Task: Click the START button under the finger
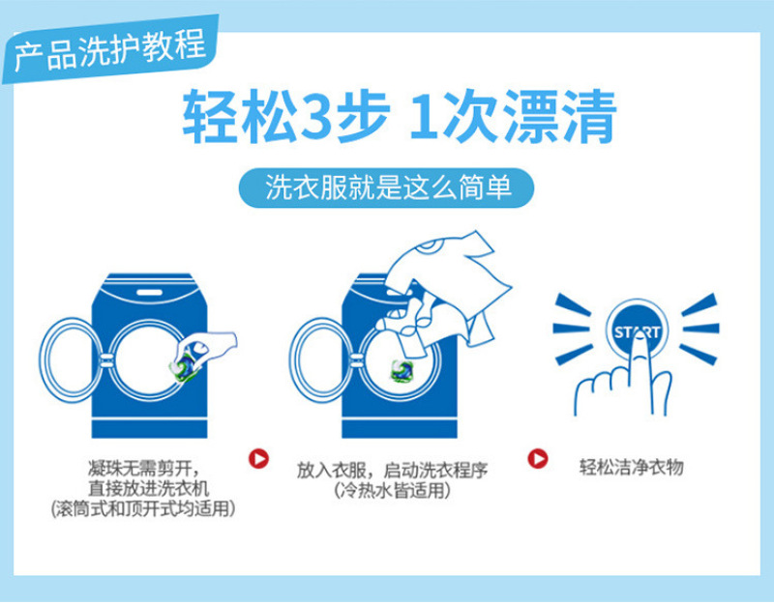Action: coord(637,330)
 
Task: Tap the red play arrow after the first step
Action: coord(258,459)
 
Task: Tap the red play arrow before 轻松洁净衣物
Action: coord(538,459)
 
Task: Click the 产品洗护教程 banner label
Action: coord(110,49)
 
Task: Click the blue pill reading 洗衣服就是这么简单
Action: coord(386,187)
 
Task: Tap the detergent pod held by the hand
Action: coord(185,365)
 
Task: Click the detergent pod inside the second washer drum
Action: coord(402,370)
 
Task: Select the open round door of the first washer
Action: coord(73,359)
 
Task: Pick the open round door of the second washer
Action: coord(322,359)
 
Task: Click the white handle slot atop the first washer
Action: coord(149,293)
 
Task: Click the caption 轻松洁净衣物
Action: coord(632,467)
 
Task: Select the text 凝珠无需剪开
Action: coord(140,468)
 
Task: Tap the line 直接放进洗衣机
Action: coord(148,488)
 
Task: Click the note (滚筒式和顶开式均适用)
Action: coord(143,508)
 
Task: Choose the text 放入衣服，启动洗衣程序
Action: coord(393,470)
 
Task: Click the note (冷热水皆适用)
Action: coord(393,491)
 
